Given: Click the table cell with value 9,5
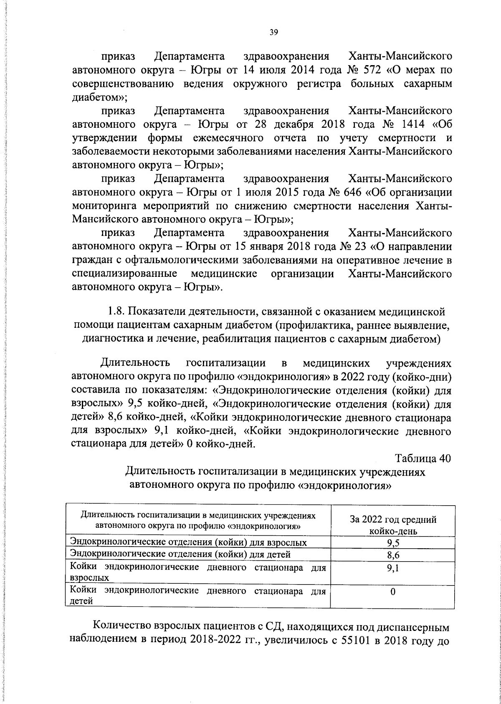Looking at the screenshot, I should (392, 543).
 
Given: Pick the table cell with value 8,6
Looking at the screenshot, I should (392, 555).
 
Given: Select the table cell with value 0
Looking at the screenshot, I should (392, 592).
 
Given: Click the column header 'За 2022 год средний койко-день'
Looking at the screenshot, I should (392, 525).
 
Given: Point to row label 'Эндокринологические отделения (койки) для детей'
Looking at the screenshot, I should (180, 554).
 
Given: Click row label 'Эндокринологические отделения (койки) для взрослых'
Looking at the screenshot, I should (189, 542).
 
